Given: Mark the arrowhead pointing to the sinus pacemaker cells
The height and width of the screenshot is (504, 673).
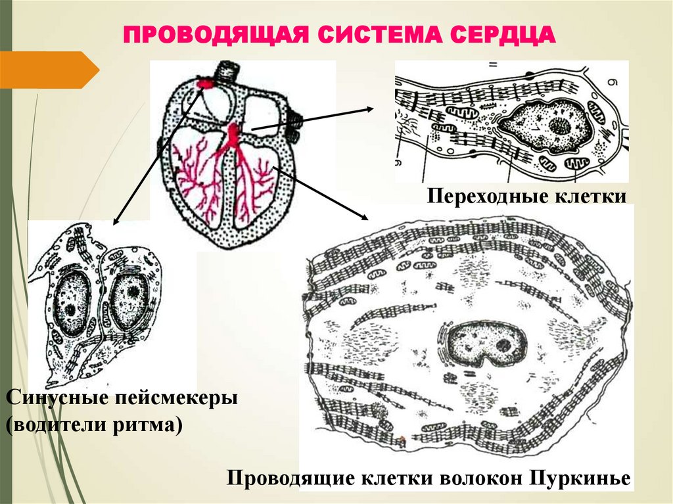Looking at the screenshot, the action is coord(116,221).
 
